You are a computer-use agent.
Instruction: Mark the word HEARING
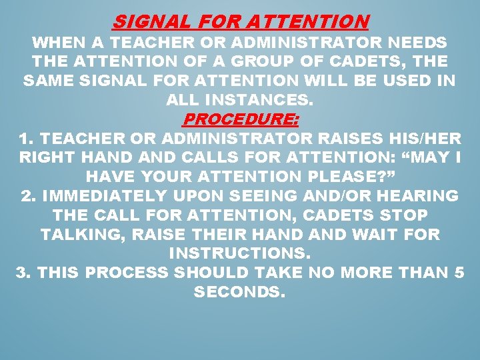(x=417, y=196)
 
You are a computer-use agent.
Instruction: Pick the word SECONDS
(x=239, y=293)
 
